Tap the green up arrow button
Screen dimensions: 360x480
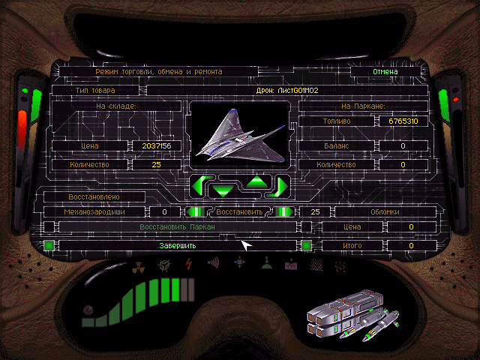click(257, 180)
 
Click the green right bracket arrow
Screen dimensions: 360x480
click(281, 184)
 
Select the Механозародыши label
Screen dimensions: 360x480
click(94, 212)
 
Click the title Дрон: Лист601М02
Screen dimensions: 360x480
click(287, 90)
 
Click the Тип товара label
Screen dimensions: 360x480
click(94, 90)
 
